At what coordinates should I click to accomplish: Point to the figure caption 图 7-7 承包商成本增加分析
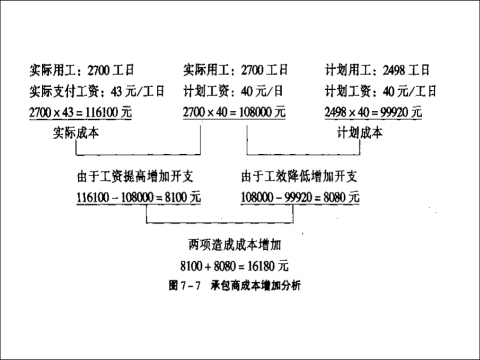pos(236,285)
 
